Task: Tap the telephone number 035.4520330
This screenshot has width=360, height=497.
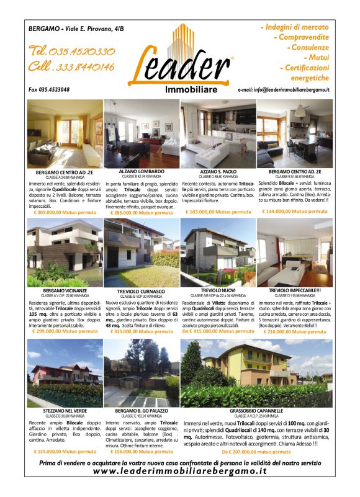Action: coord(71,51)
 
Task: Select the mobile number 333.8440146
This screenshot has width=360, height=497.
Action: coord(71,67)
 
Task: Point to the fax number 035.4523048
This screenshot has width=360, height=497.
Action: coord(49,90)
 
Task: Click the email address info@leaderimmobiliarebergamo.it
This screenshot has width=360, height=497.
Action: coord(284,91)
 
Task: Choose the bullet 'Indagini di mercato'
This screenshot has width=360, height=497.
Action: coord(297,28)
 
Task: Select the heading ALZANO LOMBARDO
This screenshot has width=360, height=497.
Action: coord(142,171)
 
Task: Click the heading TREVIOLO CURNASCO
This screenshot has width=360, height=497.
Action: coord(141,291)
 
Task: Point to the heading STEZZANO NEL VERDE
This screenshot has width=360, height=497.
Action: coord(65,411)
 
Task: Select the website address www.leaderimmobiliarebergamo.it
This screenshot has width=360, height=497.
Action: coord(179,472)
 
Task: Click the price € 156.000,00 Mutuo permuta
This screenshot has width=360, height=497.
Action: coord(142,452)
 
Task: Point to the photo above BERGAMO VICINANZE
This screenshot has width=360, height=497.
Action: coord(65,252)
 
